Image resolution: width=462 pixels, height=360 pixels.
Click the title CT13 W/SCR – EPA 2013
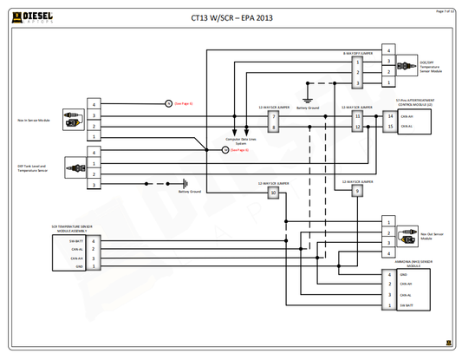(231, 16)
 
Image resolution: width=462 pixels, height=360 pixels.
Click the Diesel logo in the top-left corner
(34, 16)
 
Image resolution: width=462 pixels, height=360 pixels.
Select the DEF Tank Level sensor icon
(73, 167)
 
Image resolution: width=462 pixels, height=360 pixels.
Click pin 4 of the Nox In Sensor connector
(94, 104)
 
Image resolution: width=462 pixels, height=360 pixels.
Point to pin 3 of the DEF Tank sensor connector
(94, 184)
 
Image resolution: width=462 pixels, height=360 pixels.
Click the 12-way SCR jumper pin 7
(274, 116)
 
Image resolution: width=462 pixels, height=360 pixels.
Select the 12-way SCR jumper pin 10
(274, 193)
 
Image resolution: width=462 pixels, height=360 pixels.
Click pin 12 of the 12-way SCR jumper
(357, 127)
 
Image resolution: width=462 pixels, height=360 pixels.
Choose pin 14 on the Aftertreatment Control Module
(390, 116)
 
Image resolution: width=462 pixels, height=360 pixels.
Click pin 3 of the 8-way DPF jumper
(356, 82)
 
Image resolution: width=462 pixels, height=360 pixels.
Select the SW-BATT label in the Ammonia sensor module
(407, 306)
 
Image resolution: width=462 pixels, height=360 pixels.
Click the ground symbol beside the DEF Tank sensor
(184, 184)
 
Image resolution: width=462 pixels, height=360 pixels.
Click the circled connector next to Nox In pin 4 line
(168, 103)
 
